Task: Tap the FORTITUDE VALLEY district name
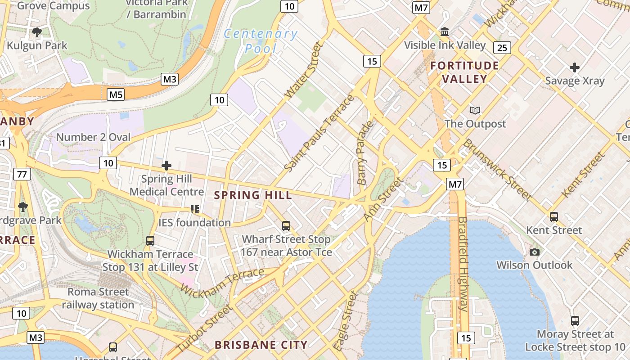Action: [x=464, y=72]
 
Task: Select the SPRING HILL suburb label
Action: [x=253, y=195]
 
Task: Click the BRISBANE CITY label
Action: [x=261, y=345]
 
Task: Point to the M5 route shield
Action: [x=116, y=94]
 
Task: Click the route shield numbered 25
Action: [x=502, y=47]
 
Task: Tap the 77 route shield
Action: [x=22, y=174]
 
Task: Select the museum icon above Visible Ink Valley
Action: [x=445, y=32]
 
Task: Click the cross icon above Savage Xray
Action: [x=574, y=68]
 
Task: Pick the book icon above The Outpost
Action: [x=475, y=110]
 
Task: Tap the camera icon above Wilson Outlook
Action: [x=534, y=252]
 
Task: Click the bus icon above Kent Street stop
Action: [x=553, y=217]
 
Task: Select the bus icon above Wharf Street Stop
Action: [x=286, y=226]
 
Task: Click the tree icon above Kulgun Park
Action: [x=37, y=32]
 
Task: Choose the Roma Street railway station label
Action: [x=98, y=298]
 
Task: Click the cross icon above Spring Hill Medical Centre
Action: [x=166, y=166]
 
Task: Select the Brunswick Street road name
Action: [x=497, y=170]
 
